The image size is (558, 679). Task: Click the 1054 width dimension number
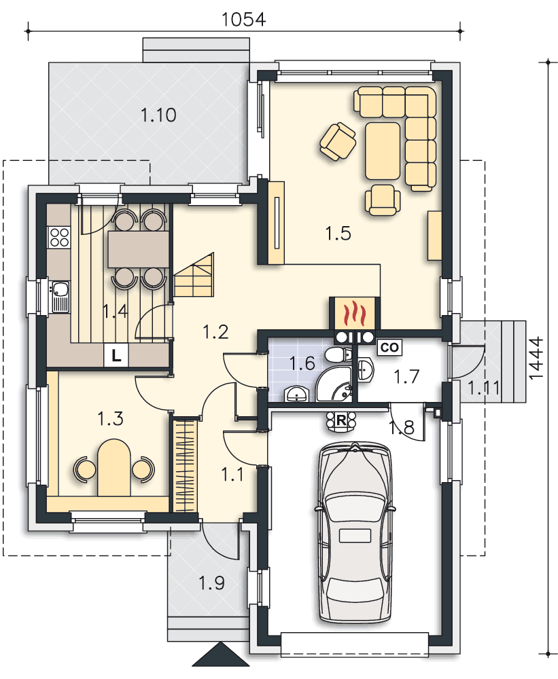coord(243,19)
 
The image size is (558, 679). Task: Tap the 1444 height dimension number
coord(536,358)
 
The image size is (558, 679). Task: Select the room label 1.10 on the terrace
coord(158,115)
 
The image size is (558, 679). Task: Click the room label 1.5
coord(338,234)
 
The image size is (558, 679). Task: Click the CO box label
coord(389,347)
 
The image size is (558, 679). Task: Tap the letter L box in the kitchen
coord(116,356)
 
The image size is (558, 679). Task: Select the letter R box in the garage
coord(341,420)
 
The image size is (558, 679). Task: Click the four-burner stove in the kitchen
coord(59,237)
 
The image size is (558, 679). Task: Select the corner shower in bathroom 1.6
coord(334,384)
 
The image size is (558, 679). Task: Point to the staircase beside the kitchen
coord(194,276)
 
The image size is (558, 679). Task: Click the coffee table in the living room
coord(383,151)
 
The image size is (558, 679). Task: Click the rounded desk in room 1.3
coord(114,467)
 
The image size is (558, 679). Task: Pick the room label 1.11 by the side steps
coord(483,388)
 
